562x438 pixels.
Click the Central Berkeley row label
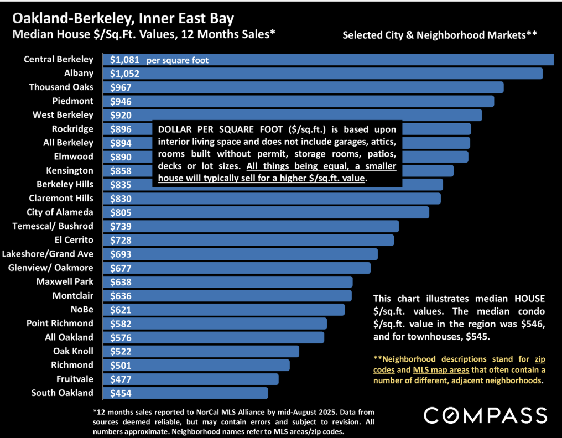(59, 59)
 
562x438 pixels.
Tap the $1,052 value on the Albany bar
(124, 74)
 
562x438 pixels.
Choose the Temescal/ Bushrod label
(53, 226)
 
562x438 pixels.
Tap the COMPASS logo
(485, 415)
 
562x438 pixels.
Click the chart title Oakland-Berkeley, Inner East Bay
(123, 18)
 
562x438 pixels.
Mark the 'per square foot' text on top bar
(178, 60)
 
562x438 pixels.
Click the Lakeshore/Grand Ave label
(48, 254)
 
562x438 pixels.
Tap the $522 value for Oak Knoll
(121, 351)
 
